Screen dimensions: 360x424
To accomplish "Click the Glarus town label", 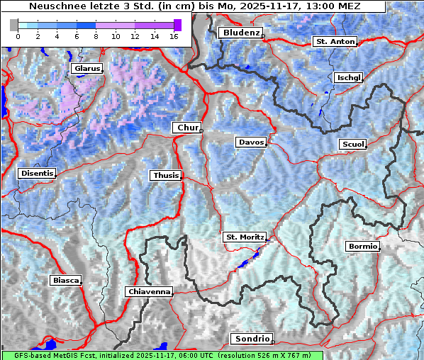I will tap(86, 69).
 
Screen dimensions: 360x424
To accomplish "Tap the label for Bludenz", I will tap(240, 33).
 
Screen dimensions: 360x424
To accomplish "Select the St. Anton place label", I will tap(335, 42).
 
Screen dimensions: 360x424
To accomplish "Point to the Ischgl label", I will tap(349, 77).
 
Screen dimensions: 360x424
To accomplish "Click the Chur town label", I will tap(187, 128).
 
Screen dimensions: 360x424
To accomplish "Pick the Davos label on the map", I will tap(251, 142).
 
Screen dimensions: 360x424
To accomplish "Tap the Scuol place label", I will tap(352, 145).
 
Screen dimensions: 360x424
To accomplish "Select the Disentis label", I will tap(37, 173).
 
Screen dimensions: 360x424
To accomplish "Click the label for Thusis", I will tap(165, 175).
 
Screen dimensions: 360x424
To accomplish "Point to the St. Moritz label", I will tap(245, 237).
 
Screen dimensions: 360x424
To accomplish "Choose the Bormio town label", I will tap(362, 247).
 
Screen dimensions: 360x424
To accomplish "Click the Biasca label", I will tap(65, 280).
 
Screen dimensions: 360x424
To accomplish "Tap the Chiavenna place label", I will tap(149, 291).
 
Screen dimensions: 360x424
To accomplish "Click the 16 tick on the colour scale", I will tap(173, 36).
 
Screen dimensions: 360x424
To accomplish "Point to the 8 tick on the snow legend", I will tap(96, 36).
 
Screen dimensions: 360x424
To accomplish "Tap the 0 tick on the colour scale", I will tap(18, 36).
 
